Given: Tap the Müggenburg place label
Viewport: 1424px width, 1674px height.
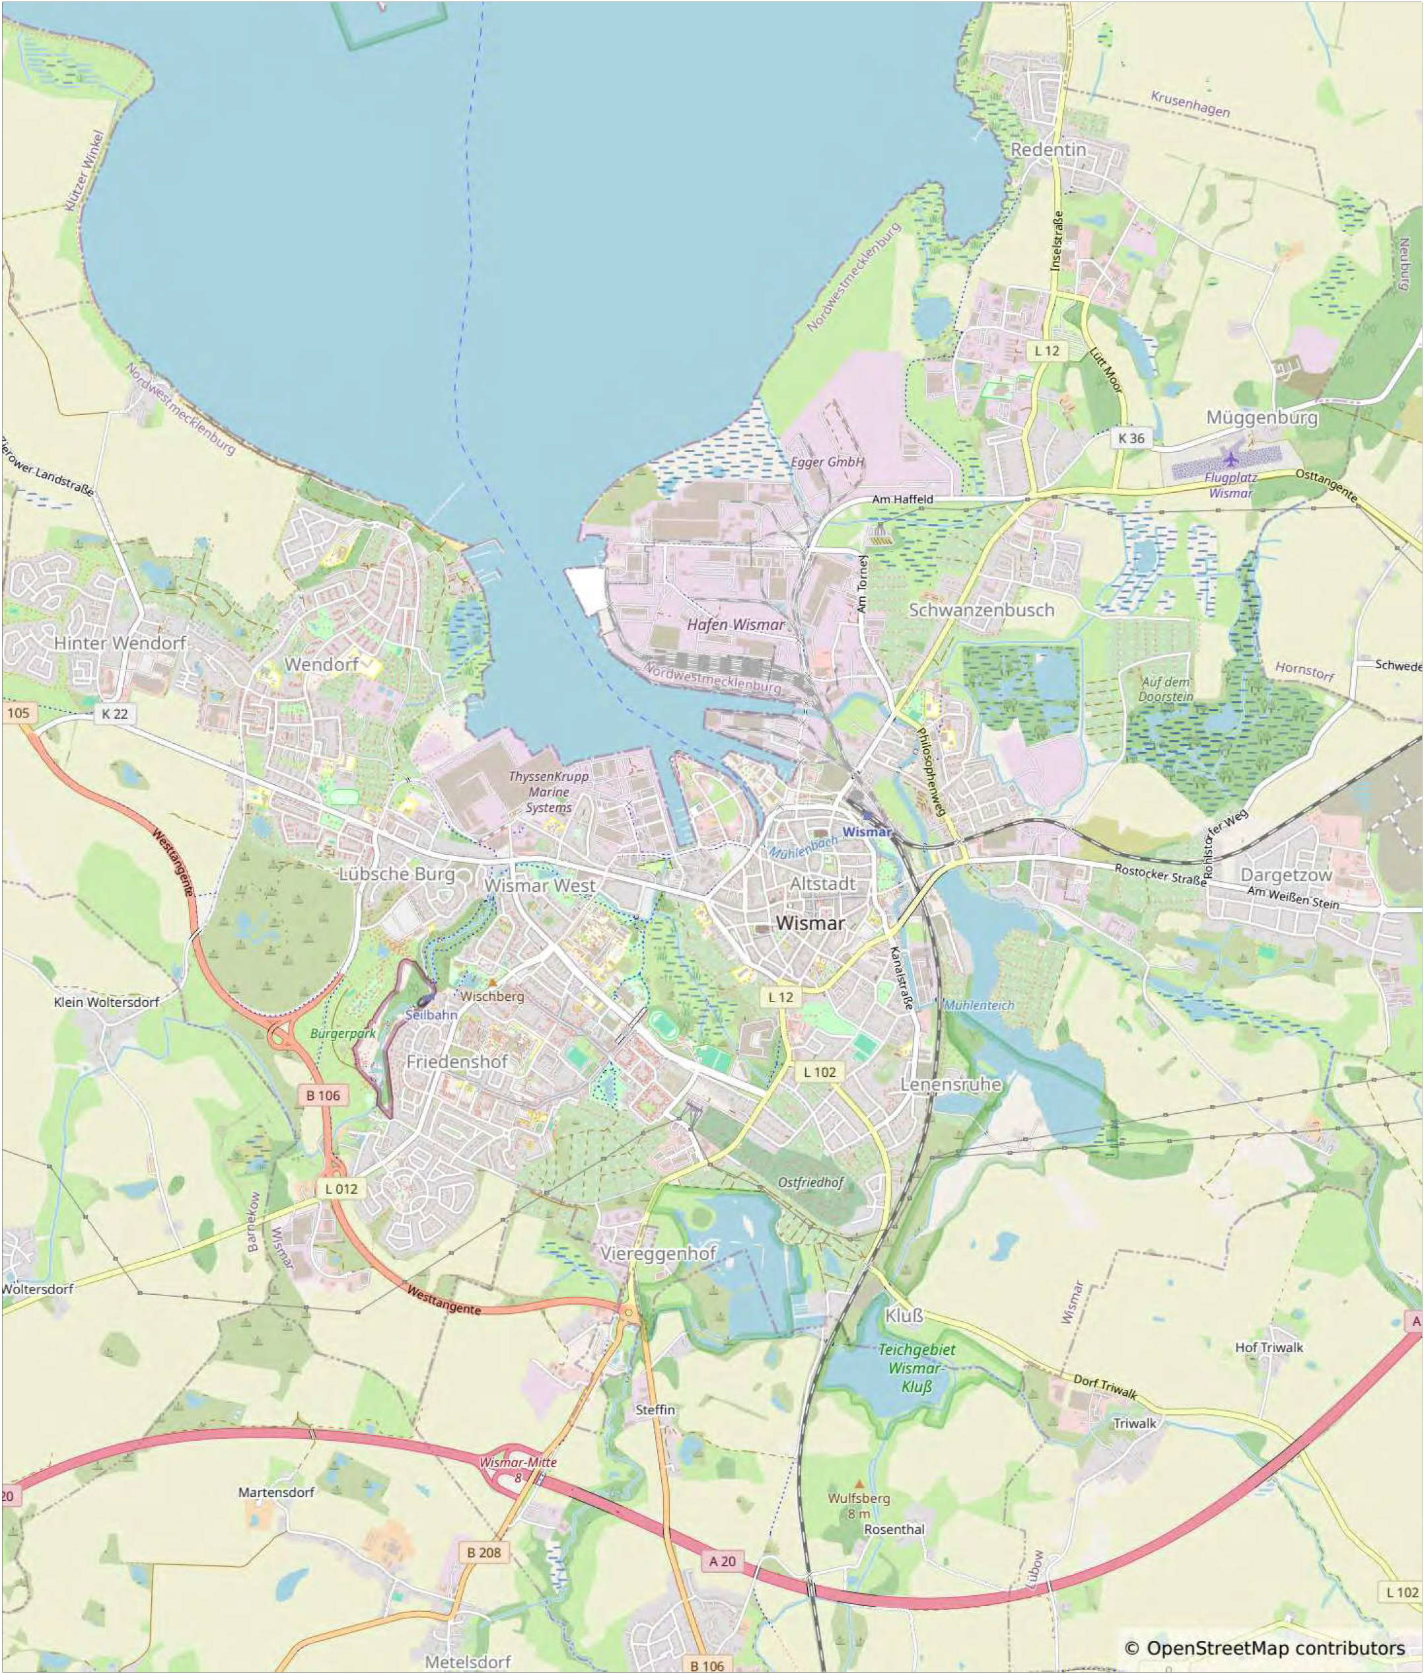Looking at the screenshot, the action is point(1262,418).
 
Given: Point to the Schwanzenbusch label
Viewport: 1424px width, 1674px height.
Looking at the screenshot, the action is point(981,610).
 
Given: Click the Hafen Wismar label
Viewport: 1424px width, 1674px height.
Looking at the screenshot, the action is point(735,625).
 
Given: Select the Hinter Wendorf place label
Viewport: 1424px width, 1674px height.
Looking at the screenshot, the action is point(120,643).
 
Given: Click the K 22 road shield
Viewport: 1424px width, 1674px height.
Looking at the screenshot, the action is point(115,714).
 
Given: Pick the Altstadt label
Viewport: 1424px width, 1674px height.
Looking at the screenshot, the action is point(822,883).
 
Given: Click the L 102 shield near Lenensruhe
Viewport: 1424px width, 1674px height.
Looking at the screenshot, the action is point(820,1072).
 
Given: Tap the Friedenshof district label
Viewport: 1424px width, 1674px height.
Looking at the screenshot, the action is point(457,1062).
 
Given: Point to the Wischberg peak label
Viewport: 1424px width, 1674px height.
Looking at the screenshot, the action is point(493,996).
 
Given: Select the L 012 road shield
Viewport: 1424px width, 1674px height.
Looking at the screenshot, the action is point(341,1188).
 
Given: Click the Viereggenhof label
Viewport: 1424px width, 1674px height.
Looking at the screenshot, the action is point(658,1253).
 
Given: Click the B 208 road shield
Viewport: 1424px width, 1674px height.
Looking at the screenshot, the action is point(483,1552).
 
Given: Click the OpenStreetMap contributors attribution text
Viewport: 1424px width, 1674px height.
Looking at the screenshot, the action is point(1265,1648).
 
